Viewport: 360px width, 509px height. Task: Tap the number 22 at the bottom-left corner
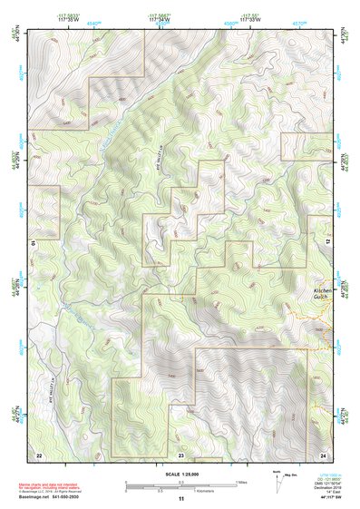(x=38, y=453)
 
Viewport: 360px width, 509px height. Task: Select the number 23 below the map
(x=180, y=453)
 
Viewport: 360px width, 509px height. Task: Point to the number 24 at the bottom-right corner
(x=323, y=453)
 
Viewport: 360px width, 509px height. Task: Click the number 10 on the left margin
(x=32, y=243)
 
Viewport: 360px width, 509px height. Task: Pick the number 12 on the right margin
(x=329, y=243)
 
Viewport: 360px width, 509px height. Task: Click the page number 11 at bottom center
(x=180, y=498)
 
